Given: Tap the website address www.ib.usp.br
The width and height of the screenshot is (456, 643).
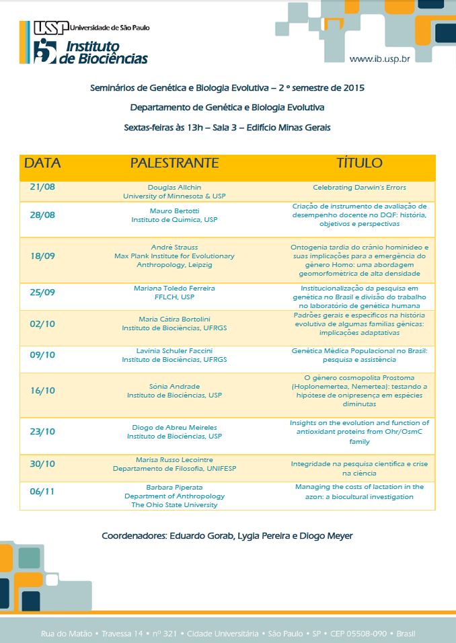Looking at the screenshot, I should (379, 59).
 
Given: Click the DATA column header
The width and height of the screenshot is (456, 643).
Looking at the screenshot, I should (42, 163).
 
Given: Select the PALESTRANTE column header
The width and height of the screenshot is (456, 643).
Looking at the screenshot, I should (174, 163).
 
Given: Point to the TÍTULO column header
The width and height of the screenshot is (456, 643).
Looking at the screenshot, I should (359, 163).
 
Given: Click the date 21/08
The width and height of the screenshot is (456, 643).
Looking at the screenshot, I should (42, 187).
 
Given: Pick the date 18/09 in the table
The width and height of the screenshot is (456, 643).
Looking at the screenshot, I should (42, 256).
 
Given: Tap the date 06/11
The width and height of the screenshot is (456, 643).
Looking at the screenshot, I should (42, 492).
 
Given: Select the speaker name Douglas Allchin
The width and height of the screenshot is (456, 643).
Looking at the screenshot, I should (174, 187).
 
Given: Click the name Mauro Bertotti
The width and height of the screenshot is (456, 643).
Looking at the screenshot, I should (174, 211).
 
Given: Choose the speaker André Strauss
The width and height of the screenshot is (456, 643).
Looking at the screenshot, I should (174, 248).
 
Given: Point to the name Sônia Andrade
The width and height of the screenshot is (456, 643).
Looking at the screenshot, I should (174, 387).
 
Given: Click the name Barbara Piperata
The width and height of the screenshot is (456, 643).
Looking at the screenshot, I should (174, 487).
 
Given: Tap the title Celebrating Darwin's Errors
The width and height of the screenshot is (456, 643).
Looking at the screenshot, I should (359, 187).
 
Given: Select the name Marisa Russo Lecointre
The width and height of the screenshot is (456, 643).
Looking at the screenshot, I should (174, 460).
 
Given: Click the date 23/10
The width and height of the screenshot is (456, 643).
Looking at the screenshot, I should (42, 432).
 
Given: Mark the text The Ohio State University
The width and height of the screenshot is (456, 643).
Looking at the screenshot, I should (174, 504).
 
